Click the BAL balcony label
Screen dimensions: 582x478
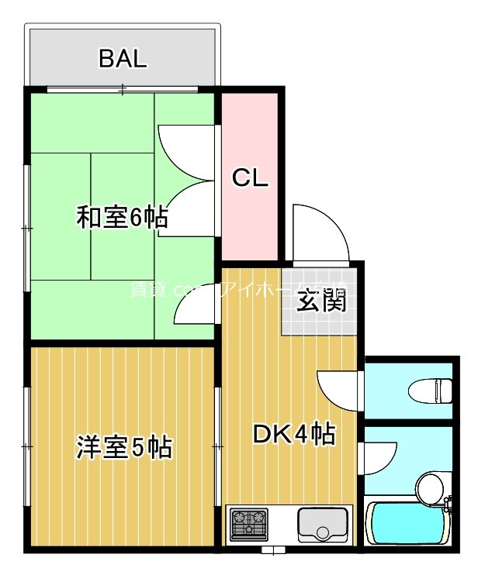point(123,59)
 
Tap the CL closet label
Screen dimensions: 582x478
point(251,179)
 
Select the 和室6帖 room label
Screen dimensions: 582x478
point(121,218)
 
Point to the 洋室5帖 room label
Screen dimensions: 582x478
point(124,447)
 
